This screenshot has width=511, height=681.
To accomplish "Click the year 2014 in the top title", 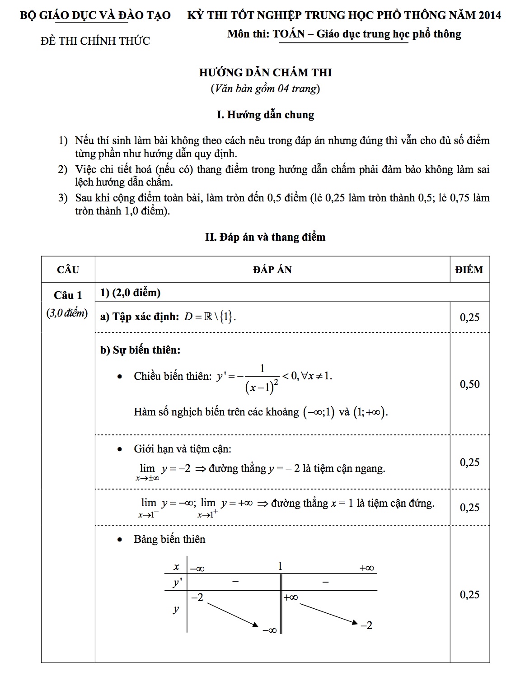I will [489, 15].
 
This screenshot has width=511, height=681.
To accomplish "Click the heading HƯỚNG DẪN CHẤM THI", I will [265, 72].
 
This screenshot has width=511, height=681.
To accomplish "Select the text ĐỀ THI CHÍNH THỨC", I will [95, 41].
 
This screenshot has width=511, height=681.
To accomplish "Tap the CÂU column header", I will [68, 270].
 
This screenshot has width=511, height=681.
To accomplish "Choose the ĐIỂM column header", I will [469, 270].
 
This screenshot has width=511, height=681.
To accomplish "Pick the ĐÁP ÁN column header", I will [272, 270].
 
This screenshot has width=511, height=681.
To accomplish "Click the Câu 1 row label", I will [68, 295].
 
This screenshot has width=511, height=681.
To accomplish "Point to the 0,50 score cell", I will [469, 384].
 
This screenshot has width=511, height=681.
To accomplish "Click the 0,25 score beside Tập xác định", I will [469, 317].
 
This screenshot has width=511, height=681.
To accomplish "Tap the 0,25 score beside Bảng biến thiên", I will [469, 595].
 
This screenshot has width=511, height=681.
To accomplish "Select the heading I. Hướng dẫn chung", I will [265, 115].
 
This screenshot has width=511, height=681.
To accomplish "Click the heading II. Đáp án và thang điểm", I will [265, 237].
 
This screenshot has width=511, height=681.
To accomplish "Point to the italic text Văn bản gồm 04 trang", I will [265, 89].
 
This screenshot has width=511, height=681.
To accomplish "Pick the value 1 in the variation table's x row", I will [280, 566].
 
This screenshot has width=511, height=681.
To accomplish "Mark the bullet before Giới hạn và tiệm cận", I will [120, 449].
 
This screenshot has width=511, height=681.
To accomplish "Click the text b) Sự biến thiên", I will [140, 350].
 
